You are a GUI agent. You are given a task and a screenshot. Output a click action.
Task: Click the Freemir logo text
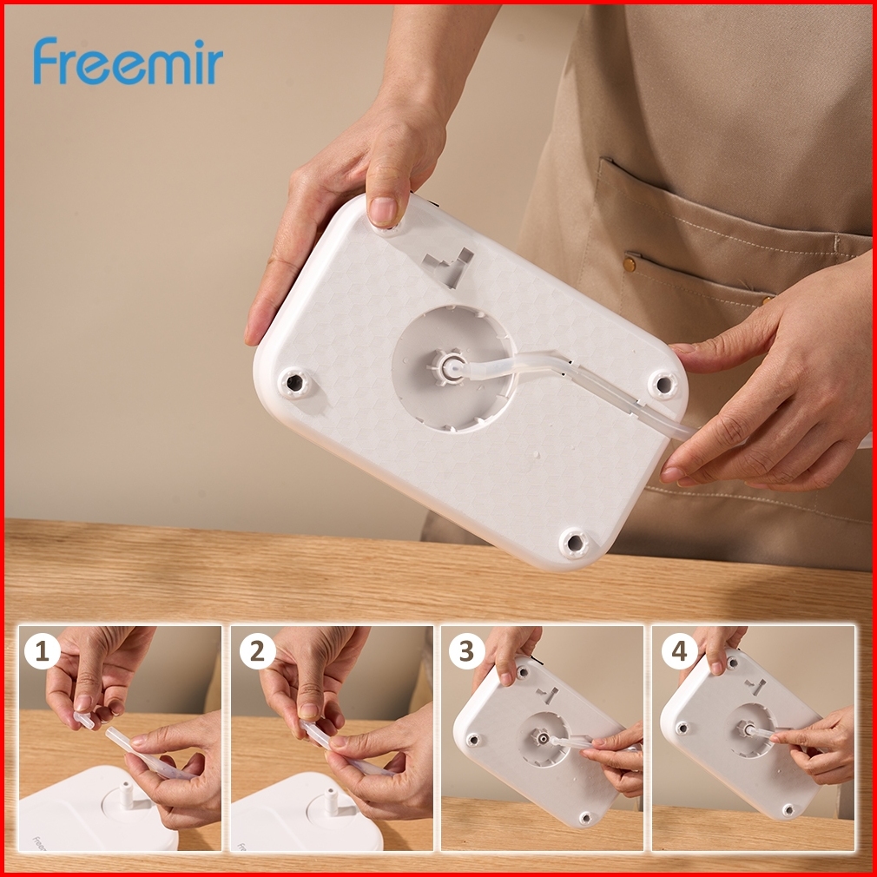coord(129,62)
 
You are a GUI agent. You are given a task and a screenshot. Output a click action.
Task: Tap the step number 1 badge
coord(42,651)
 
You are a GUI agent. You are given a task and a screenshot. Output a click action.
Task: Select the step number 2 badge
coord(257,651)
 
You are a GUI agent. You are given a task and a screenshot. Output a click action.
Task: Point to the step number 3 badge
coord(466,651)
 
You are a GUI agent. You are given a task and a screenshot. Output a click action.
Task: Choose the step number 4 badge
coord(679,651)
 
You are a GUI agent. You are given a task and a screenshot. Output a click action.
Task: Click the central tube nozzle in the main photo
coord(449,367)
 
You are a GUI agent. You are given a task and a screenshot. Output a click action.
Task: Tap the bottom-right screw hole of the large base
coord(575,542)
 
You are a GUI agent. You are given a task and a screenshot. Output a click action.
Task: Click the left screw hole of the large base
coord(294,383)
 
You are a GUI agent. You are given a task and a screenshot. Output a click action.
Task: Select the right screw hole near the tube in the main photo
coord(663,385)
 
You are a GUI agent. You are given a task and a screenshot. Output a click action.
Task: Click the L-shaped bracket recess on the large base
coord(449,265)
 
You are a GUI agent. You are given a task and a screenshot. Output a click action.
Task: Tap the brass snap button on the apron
coord(630,263)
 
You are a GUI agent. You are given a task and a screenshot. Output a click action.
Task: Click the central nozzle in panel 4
coord(746,729)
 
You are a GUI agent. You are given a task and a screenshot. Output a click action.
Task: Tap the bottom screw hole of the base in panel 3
coord(585,819)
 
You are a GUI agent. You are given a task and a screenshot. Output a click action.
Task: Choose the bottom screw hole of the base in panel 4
coord(788,809)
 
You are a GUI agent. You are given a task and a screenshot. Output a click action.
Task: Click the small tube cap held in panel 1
coord(82,720)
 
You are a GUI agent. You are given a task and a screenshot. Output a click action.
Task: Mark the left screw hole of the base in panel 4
coord(682,729)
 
